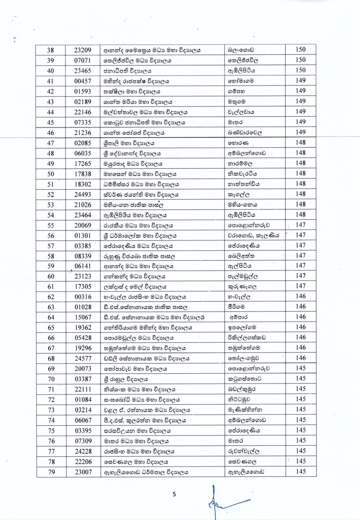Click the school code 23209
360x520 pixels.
point(82,50)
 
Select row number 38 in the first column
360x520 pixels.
point(50,50)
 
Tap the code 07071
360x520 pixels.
point(82,60)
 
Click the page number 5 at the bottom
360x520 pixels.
point(174,494)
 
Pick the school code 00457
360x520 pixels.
point(82,81)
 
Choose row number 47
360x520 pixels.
point(50,143)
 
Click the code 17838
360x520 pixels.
point(83,174)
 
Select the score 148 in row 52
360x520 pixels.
point(300,194)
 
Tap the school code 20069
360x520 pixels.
point(83,225)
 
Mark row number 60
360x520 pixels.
point(51,276)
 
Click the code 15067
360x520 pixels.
point(83,317)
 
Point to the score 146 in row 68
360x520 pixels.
point(301,358)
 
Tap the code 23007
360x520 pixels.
point(83,472)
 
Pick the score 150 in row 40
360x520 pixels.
point(300,70)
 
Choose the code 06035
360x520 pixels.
point(83,153)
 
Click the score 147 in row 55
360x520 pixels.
point(300,225)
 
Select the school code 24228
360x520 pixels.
point(83,451)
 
